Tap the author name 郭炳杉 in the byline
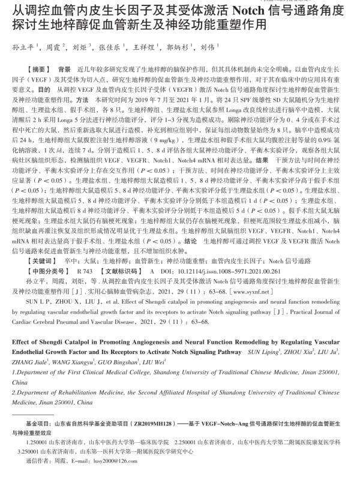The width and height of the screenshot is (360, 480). point(178,46)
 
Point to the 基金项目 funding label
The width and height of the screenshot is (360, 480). point(39,424)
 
